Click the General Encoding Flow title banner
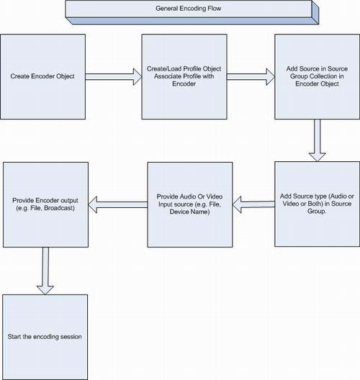pyautogui.click(x=192, y=12)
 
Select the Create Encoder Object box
pyautogui.click(x=43, y=76)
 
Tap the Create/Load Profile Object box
pyautogui.click(x=184, y=76)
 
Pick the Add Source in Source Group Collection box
pyautogui.click(x=317, y=76)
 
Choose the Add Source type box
pyautogui.click(x=317, y=204)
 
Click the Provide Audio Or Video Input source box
pyautogui.click(x=190, y=205)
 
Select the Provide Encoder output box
pyautogui.click(x=45, y=205)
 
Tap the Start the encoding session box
pyautogui.click(x=45, y=337)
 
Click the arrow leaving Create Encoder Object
pyautogui.click(x=114, y=77)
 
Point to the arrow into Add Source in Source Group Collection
pyautogui.click(x=251, y=77)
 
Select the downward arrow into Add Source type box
pyautogui.click(x=317, y=140)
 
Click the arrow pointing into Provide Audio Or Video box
pyautogui.click(x=253, y=204)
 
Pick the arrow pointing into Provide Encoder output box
pyautogui.click(x=118, y=204)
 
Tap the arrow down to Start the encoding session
pyautogui.click(x=45, y=271)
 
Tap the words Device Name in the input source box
pyautogui.click(x=189, y=212)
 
